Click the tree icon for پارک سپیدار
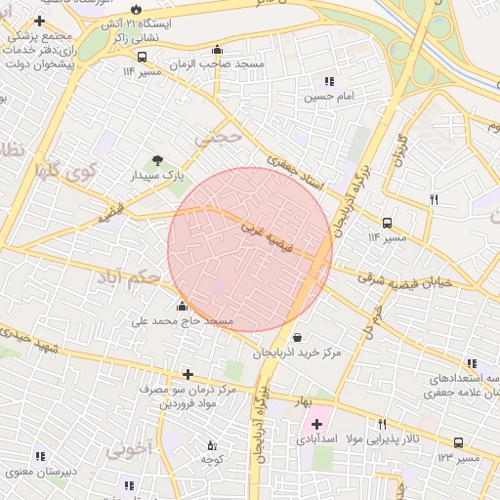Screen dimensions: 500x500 click(158, 159)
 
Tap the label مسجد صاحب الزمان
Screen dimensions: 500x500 click(230, 63)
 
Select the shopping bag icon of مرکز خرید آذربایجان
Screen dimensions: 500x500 click(297, 337)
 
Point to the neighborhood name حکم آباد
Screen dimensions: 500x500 click(128, 278)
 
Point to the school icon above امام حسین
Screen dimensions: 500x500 click(329, 81)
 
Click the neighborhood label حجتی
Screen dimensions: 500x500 click(217, 138)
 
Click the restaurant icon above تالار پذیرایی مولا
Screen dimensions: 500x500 click(382, 424)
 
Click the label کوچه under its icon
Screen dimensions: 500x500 click(213, 459)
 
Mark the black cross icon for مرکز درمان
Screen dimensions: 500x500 click(187, 374)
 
